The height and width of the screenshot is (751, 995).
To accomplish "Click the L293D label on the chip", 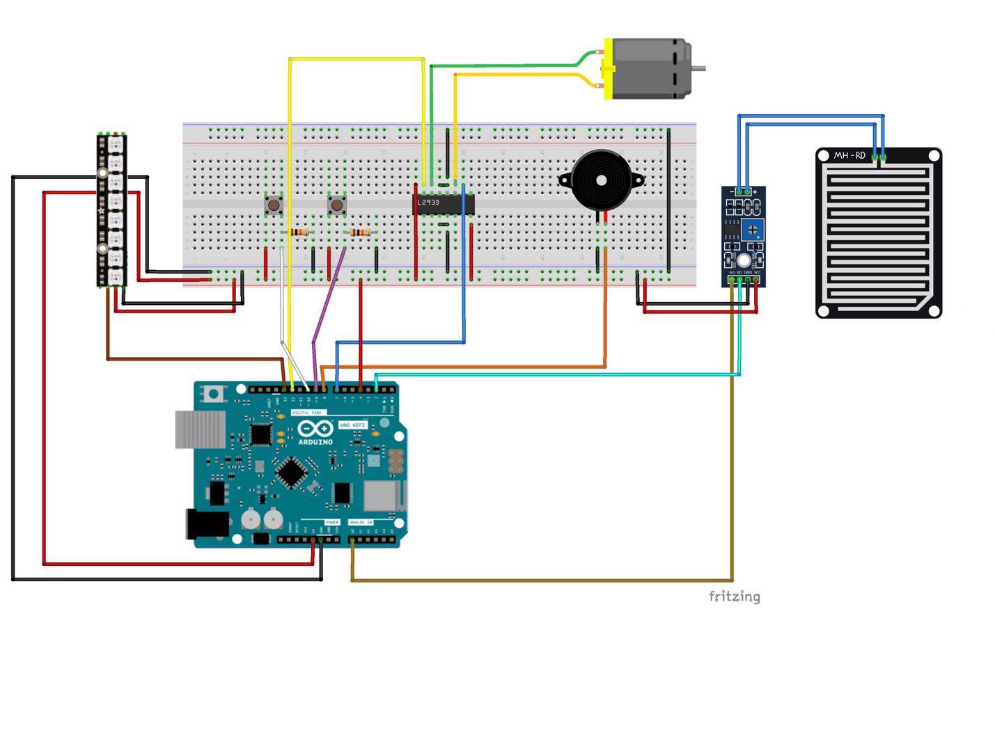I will (429, 203).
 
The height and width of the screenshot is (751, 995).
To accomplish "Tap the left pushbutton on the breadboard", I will (273, 205).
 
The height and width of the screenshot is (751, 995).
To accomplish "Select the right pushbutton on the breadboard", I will (337, 205).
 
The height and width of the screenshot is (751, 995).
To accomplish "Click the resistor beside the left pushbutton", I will (299, 232).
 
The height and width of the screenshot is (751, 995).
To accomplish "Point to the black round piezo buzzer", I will (601, 180).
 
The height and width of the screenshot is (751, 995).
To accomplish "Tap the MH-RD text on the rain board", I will (849, 155).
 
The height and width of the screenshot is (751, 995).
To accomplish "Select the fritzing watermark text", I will (735, 596).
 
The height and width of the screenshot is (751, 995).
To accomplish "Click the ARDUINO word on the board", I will (315, 442).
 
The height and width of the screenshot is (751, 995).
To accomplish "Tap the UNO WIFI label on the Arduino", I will (352, 425).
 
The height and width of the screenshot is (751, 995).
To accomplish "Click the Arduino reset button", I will (214, 394).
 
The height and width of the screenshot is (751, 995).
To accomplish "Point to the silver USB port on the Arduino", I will (199, 429).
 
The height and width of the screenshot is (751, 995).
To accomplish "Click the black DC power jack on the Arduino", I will (207, 524).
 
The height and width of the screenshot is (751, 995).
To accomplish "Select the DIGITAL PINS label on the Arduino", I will (306, 413).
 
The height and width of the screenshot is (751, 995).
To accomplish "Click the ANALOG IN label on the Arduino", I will (361, 522).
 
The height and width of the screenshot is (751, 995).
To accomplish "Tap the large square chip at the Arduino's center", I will (291, 473).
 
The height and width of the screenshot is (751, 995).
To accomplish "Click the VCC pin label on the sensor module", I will (757, 272).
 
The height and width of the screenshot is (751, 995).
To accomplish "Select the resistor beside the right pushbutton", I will (360, 232).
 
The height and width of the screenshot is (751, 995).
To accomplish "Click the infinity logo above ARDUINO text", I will (315, 429).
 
